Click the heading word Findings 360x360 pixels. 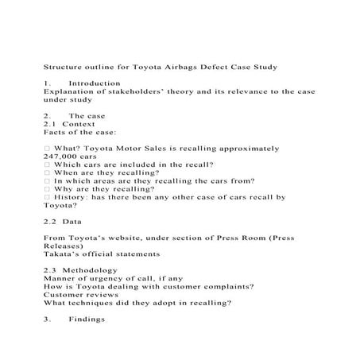pyautogui.click(x=87, y=320)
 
